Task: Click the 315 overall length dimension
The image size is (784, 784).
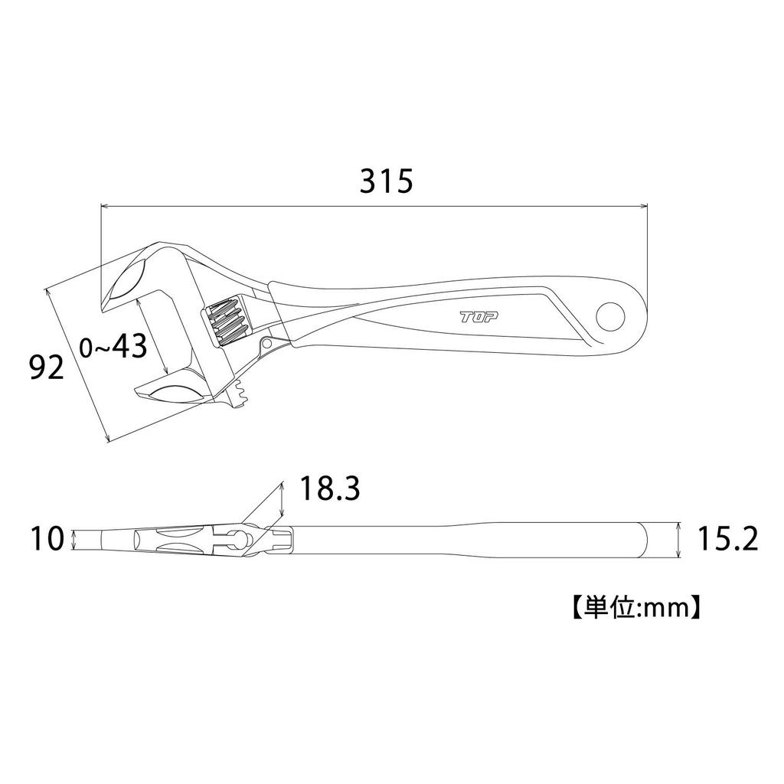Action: pyautogui.click(x=387, y=181)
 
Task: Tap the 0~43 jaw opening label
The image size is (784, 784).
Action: pyautogui.click(x=113, y=348)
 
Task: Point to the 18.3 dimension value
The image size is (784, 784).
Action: pyautogui.click(x=329, y=488)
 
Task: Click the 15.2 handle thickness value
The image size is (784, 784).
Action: pyautogui.click(x=727, y=540)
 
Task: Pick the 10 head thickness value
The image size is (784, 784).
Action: pyautogui.click(x=47, y=539)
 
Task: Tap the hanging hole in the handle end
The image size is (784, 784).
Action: pyautogui.click(x=612, y=315)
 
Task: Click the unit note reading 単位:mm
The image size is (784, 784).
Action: pyautogui.click(x=633, y=606)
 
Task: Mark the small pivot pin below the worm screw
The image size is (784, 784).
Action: pyautogui.click(x=267, y=343)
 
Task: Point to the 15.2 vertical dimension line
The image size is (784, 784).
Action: pyautogui.click(x=679, y=540)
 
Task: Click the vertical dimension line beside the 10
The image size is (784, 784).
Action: pyautogui.click(x=73, y=539)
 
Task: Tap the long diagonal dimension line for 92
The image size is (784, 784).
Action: pyautogui.click(x=78, y=365)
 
